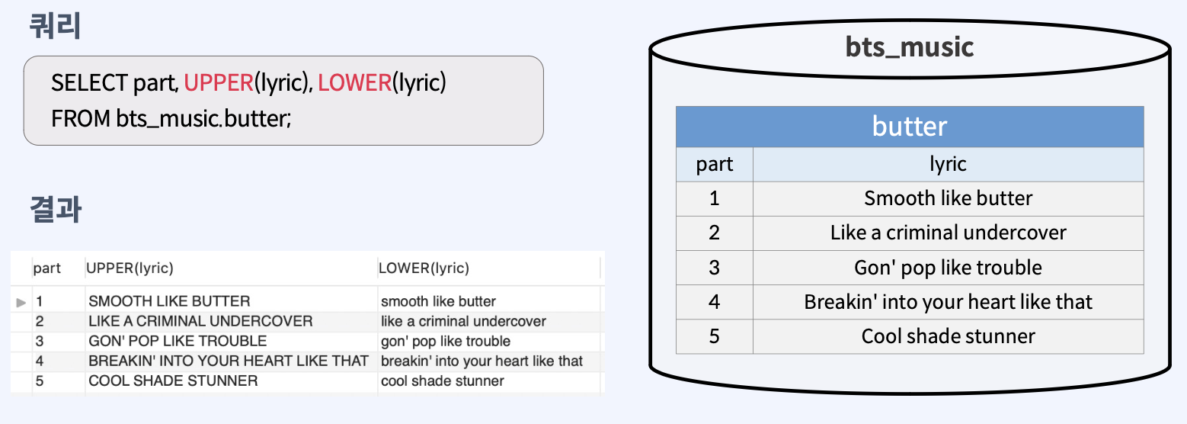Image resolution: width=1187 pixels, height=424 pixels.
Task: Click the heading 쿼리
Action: click(55, 27)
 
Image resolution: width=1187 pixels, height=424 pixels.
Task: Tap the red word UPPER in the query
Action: click(219, 82)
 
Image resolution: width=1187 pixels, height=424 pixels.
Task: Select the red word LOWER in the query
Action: click(354, 82)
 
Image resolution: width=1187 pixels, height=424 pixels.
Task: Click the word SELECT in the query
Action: click(89, 82)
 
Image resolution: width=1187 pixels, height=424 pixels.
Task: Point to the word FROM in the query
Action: click(80, 119)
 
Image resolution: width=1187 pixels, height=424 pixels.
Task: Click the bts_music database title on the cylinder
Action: click(910, 47)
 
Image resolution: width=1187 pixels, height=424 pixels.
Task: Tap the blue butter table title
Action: click(910, 126)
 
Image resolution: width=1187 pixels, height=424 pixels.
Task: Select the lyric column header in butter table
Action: click(948, 164)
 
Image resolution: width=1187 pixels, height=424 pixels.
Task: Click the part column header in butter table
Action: click(714, 164)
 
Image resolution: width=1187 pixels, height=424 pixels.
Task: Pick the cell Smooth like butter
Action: click(948, 198)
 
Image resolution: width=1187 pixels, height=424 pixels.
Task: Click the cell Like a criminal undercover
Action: click(948, 233)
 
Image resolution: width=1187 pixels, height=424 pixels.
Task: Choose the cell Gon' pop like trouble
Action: click(948, 268)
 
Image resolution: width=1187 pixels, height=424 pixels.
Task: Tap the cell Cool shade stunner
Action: click(948, 336)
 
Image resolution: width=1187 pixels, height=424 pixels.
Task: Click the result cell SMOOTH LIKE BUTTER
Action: click(169, 301)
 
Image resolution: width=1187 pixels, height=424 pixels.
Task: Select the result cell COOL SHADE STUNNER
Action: click(173, 381)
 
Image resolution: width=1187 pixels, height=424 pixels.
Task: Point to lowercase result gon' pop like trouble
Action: click(446, 341)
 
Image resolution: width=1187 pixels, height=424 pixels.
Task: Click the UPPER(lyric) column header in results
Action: click(130, 268)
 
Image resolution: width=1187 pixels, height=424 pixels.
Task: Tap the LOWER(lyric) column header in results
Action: click(424, 268)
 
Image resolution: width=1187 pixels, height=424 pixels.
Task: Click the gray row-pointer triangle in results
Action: click(21, 303)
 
